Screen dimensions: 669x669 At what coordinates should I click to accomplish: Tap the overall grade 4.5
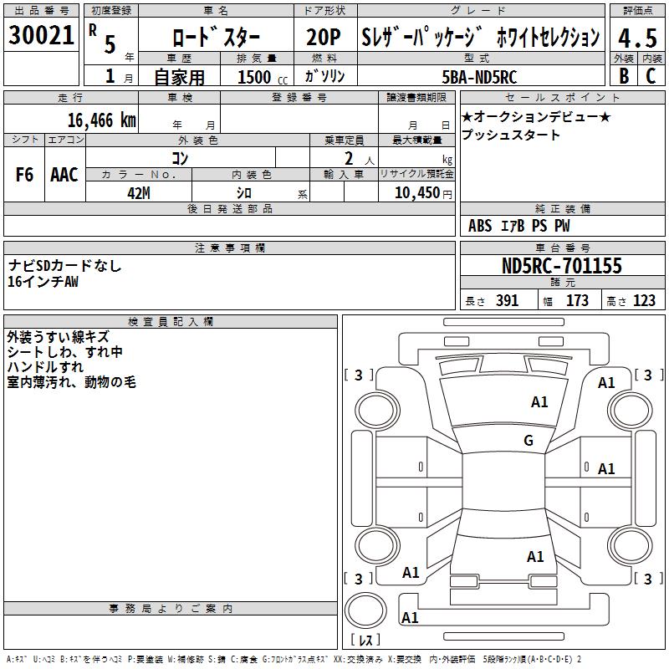pyautogui.click(x=636, y=38)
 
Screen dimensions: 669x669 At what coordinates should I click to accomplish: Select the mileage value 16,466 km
pyautogui.click(x=101, y=120)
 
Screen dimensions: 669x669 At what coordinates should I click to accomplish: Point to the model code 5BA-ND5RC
pyautogui.click(x=479, y=77)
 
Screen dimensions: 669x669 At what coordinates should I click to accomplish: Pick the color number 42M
pyautogui.click(x=138, y=192)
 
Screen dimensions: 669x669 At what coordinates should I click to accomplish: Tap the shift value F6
pyautogui.click(x=24, y=175)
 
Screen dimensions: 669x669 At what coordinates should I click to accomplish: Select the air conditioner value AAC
pyautogui.click(x=64, y=175)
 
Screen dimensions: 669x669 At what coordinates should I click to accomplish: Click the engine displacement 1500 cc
pyautogui.click(x=258, y=77)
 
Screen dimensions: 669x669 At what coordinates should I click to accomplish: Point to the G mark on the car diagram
pyautogui.click(x=529, y=441)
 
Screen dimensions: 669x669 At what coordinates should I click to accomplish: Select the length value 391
pyautogui.click(x=507, y=301)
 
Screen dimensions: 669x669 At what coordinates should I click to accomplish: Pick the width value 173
pyautogui.click(x=577, y=301)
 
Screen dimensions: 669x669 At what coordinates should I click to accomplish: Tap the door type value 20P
pyautogui.click(x=324, y=38)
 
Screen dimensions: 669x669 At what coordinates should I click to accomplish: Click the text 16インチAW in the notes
pyautogui.click(x=43, y=282)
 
